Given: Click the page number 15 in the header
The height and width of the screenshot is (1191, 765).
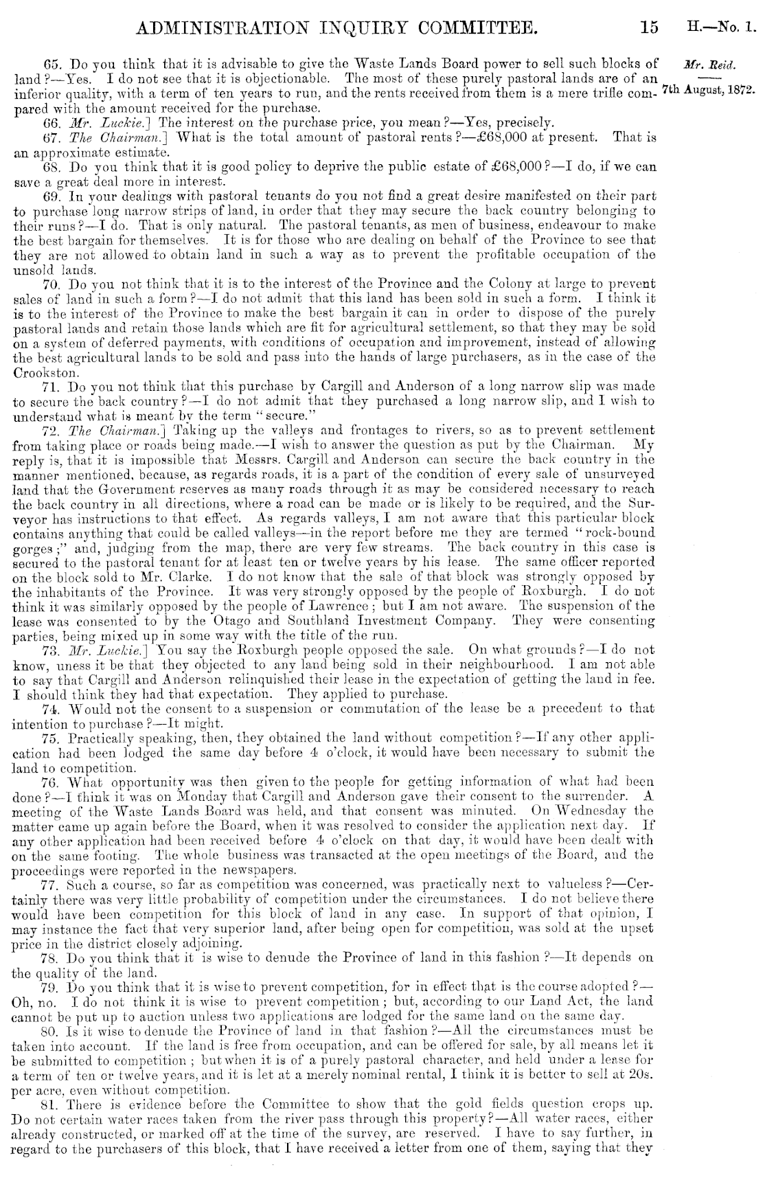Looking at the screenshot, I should pyautogui.click(x=648, y=27).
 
